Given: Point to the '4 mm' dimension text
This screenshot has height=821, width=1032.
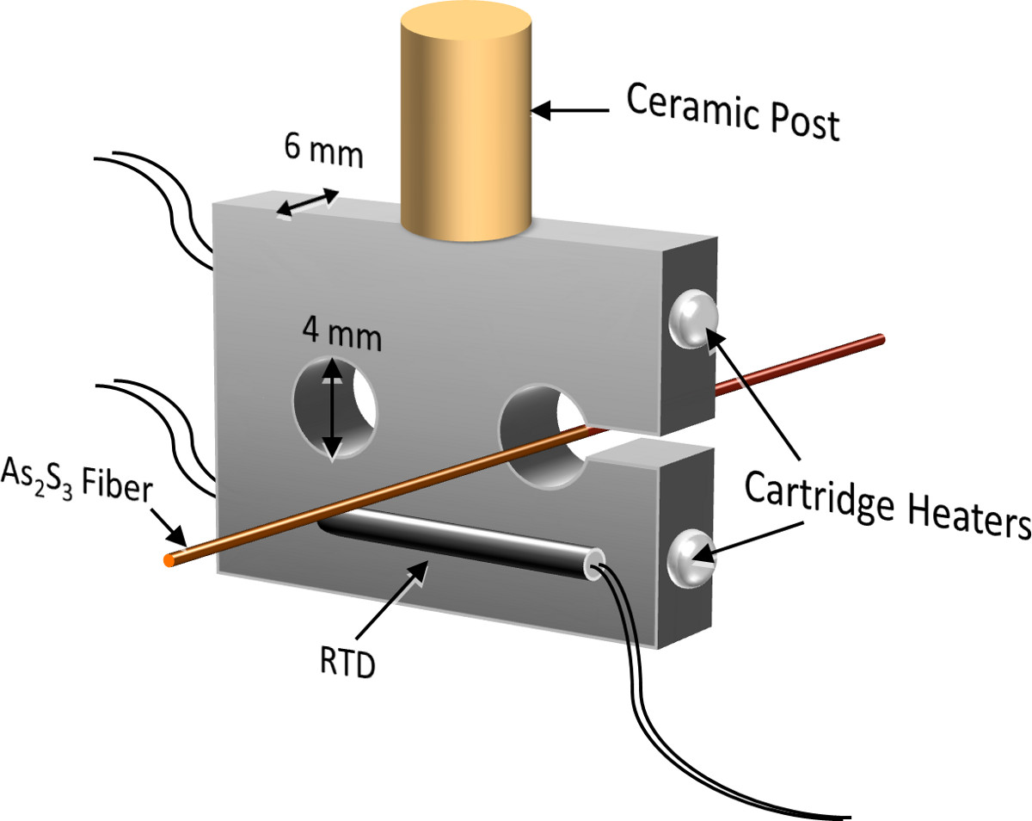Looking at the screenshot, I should [341, 335].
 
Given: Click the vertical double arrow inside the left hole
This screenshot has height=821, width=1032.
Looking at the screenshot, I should [332, 408].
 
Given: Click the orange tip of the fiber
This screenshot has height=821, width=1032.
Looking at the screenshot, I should [169, 561].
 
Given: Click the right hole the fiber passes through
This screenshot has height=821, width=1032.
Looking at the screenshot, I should [542, 430].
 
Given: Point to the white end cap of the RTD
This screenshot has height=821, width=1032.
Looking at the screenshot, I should [592, 564].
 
